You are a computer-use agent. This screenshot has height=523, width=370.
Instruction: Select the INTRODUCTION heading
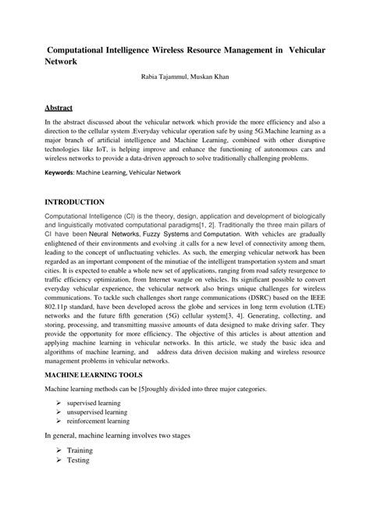tap(74, 201)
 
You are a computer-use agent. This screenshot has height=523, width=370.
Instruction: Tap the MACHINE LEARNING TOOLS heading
tap(93, 374)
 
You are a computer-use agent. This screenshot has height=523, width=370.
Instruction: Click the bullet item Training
tap(80, 450)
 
